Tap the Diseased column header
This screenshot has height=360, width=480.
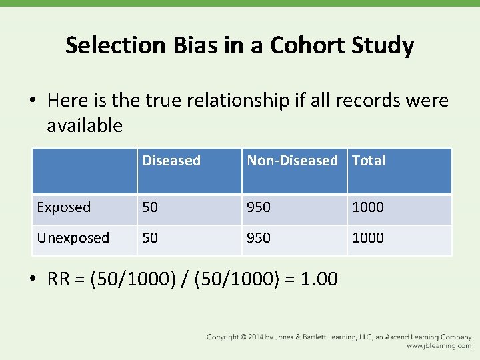[171, 161]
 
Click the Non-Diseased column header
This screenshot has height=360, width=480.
[292, 161]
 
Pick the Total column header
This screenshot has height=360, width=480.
[369, 161]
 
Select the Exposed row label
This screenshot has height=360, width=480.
[63, 207]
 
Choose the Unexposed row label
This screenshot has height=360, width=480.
[73, 238]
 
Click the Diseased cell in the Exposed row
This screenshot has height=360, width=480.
[150, 207]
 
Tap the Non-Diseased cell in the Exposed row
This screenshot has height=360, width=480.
[259, 207]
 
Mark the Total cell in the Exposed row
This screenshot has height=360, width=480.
[368, 207]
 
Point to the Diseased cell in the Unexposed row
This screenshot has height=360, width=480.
[150, 238]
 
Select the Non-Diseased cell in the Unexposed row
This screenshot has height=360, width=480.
[259, 238]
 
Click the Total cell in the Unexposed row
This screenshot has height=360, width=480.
[368, 238]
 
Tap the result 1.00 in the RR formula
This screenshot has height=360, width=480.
[319, 279]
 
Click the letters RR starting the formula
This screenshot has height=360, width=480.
[59, 279]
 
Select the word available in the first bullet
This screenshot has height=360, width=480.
[85, 125]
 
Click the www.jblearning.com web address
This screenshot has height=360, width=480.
[439, 346]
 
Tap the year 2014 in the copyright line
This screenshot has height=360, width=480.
[259, 337]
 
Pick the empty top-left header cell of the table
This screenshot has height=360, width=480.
[85, 171]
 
